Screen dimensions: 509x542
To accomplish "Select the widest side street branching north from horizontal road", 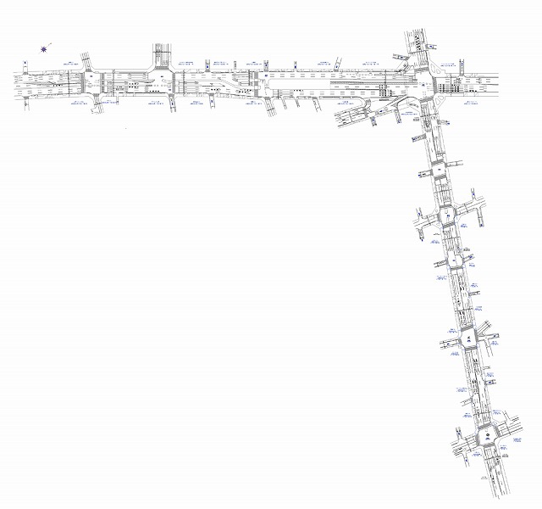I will [x=162, y=55].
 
